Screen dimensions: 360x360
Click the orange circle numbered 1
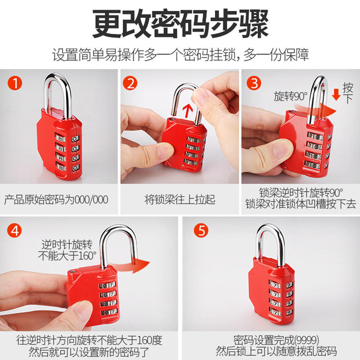coord(15,83)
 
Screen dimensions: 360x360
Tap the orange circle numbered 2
coord(130,83)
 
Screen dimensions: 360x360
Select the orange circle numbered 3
coord(254,83)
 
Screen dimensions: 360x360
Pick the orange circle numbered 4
coord(14,230)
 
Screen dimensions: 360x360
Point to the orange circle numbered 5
coord(201,230)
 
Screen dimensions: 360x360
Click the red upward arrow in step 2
coord(188,111)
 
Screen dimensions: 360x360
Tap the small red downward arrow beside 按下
coord(336,94)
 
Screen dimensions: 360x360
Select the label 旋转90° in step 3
coord(290,96)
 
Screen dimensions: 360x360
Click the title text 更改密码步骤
coord(180,24)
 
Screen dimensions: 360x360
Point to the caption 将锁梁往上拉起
coord(180,199)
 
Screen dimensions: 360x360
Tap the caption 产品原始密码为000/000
coord(56,199)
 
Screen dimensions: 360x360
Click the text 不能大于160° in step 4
coord(67,256)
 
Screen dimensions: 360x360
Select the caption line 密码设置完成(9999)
coord(276,340)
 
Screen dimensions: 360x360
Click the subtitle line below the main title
coord(180,54)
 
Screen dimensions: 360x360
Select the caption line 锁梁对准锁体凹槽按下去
coord(301,204)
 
